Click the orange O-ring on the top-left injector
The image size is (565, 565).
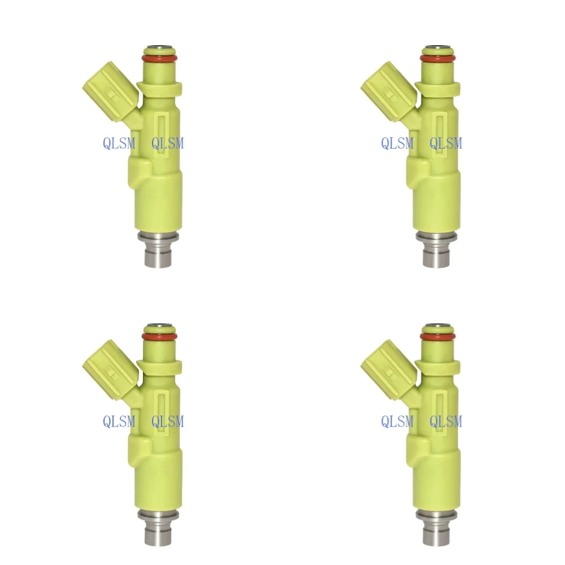tap(159, 58)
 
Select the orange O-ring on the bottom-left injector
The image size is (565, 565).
tap(159, 336)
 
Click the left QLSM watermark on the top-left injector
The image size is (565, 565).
tap(119, 144)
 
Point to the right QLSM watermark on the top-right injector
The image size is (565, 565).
tap(446, 144)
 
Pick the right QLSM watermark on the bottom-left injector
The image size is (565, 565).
tap(168, 421)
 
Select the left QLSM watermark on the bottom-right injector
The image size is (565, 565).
tap(397, 421)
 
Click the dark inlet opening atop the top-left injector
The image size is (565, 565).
tap(159, 47)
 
